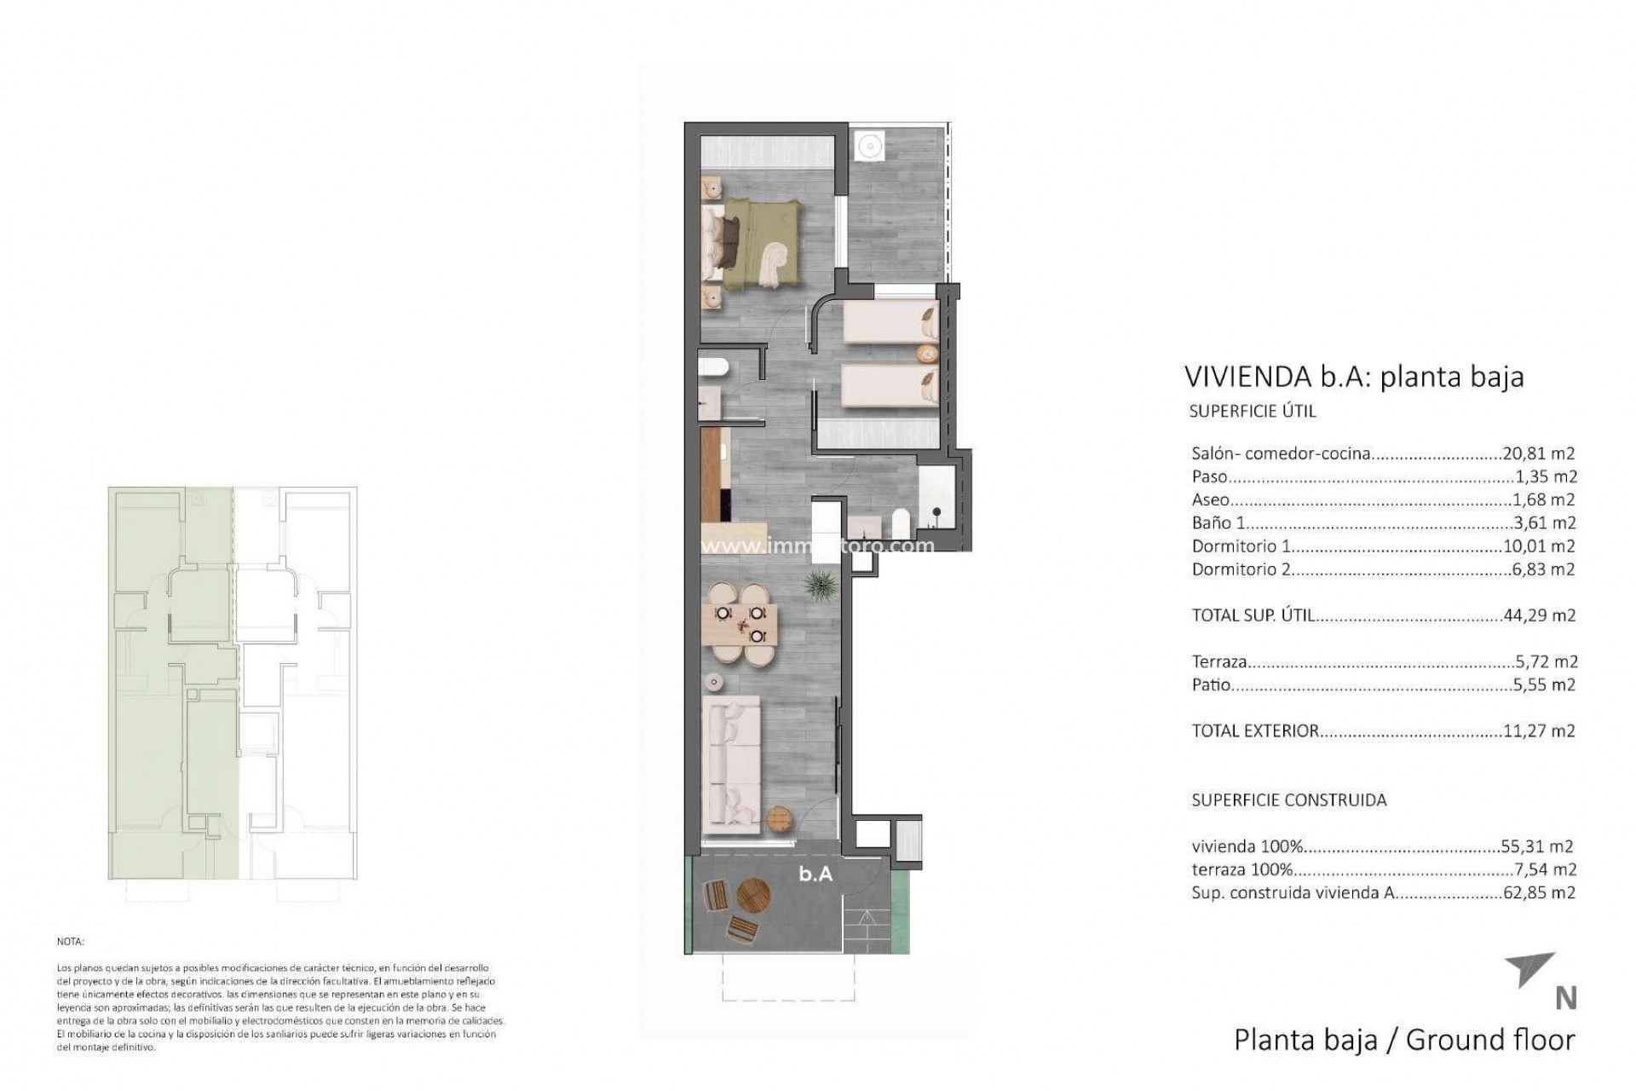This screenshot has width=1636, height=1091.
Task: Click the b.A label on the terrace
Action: [x=815, y=874]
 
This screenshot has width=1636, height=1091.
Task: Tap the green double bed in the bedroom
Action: [x=754, y=241]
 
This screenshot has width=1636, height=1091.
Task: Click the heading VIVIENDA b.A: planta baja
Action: [x=1354, y=376]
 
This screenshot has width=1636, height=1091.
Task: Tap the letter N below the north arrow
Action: [x=1565, y=998]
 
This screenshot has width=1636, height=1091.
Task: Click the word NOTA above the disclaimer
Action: [x=71, y=942]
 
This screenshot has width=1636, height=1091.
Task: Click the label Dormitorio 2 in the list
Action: [x=1241, y=569]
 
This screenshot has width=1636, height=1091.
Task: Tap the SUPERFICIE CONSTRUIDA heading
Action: [x=1288, y=800]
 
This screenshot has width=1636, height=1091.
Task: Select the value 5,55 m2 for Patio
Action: [x=1543, y=684]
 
